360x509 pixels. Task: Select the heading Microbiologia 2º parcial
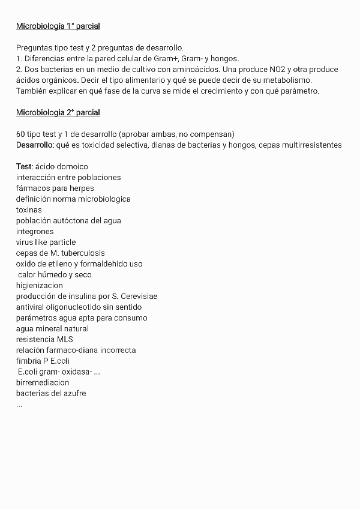[58, 113]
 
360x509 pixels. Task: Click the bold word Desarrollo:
[35, 145]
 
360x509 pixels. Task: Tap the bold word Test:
[25, 166]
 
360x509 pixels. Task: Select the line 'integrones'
[35, 232]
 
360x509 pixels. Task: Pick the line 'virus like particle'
[46, 242]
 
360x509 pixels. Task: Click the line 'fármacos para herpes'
[55, 188]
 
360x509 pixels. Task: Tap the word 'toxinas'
[29, 210]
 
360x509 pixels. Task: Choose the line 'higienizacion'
[39, 286]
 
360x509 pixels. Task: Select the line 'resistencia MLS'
[44, 340]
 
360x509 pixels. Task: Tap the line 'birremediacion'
[43, 383]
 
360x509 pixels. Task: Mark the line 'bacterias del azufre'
[51, 394]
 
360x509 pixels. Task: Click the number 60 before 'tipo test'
[20, 134]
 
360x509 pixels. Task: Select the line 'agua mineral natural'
[52, 329]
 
